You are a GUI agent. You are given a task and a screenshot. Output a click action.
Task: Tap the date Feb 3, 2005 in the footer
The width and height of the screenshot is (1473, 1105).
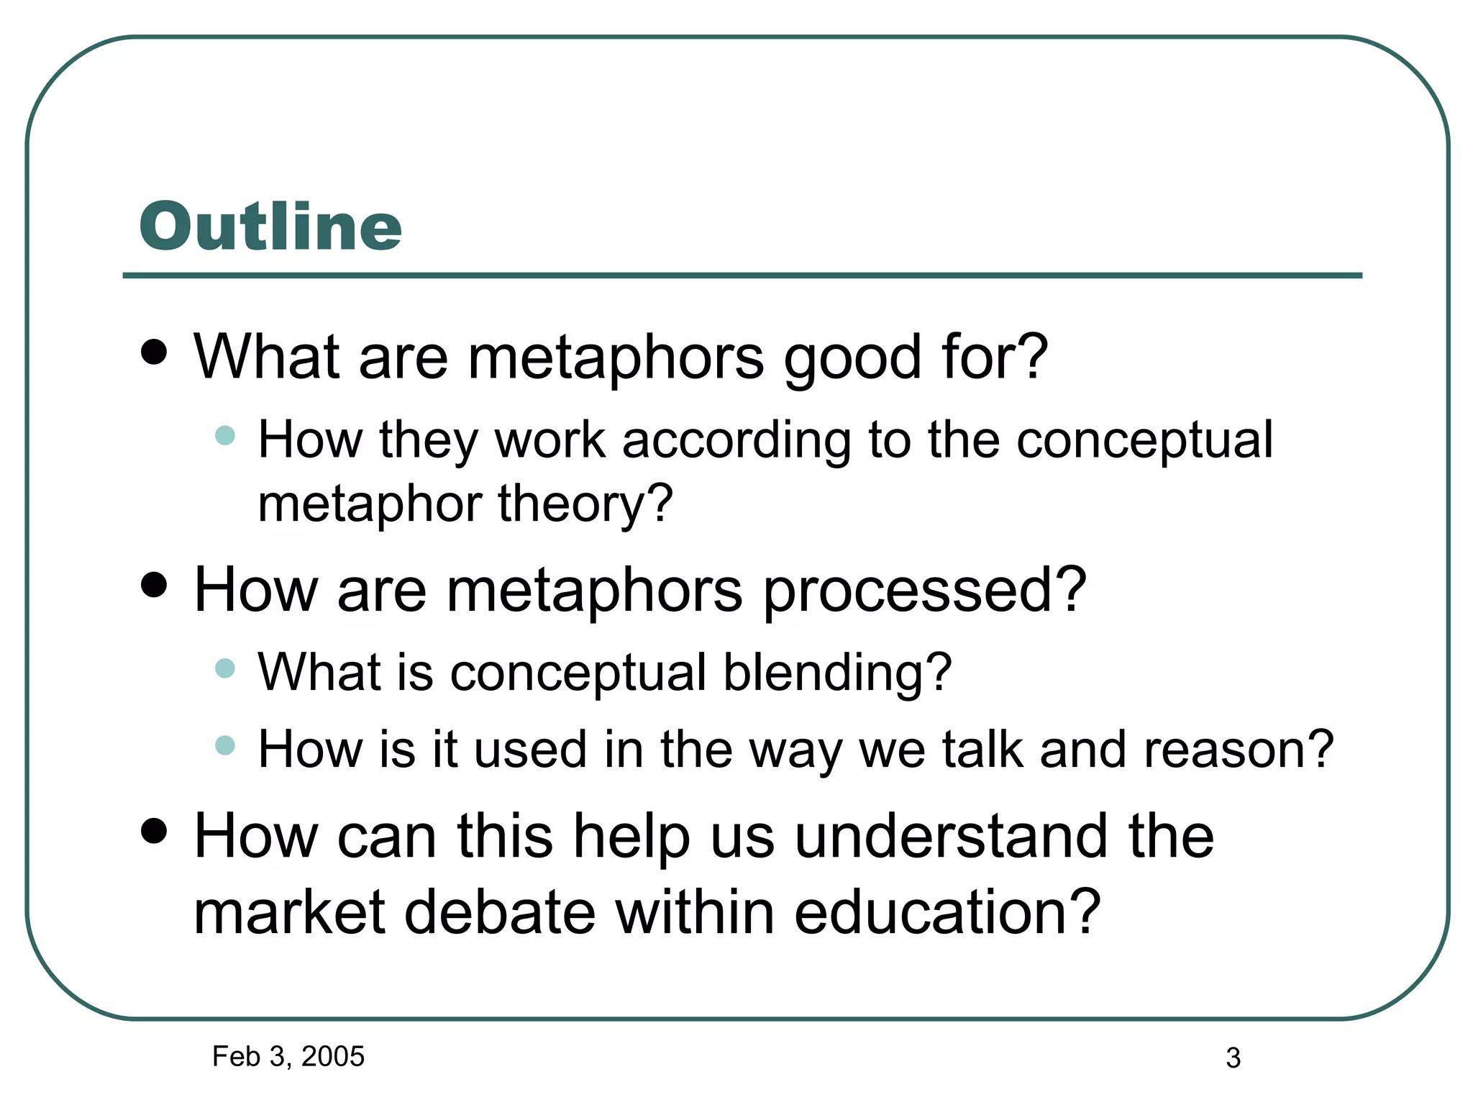pyautogui.click(x=288, y=1056)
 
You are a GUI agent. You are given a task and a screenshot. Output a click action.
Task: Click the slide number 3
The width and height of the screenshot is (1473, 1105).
pyautogui.click(x=1233, y=1058)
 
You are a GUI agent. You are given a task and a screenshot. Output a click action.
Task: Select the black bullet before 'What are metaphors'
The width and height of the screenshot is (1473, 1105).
pyautogui.click(x=154, y=353)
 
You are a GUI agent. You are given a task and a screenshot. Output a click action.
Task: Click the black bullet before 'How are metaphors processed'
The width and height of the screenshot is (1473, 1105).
pyautogui.click(x=154, y=585)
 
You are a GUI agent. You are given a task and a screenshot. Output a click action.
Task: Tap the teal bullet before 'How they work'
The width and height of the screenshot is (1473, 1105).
pyautogui.click(x=225, y=435)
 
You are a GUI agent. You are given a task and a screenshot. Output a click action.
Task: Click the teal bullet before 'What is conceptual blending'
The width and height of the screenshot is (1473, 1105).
pyautogui.click(x=225, y=668)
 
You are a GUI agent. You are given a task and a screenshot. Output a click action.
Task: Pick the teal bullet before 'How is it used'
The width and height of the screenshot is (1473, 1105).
pyautogui.click(x=225, y=745)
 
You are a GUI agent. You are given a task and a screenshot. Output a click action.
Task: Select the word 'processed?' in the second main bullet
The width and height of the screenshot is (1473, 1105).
pyautogui.click(x=924, y=590)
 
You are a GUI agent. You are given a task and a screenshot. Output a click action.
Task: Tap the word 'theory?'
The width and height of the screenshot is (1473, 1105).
pyautogui.click(x=585, y=503)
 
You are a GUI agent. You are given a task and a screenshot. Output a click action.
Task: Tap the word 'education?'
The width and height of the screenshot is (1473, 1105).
pyautogui.click(x=947, y=912)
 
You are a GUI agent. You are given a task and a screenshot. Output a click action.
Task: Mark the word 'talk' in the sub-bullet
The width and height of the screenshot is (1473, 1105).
pyautogui.click(x=982, y=749)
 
